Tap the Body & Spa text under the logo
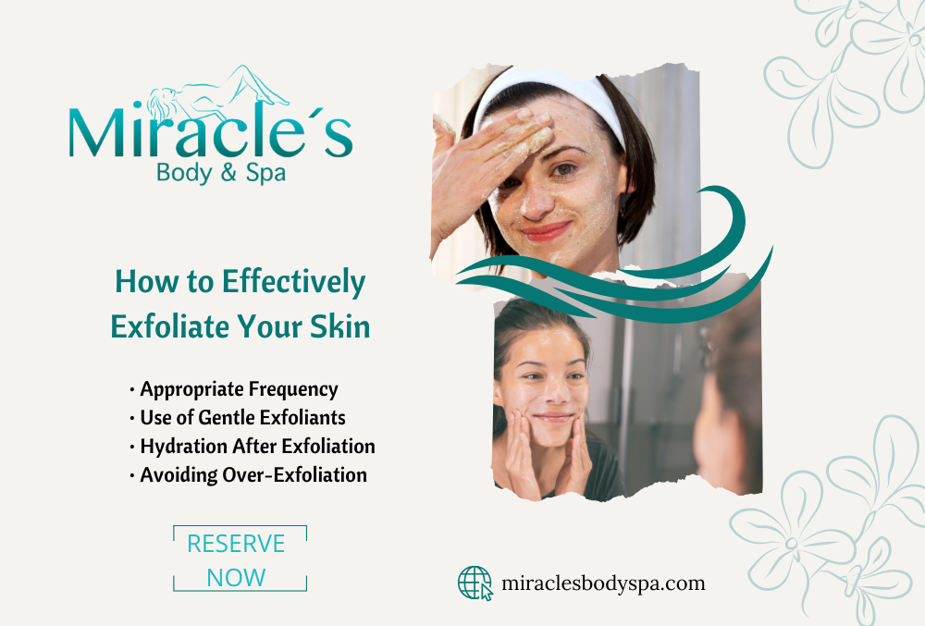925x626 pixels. point(221,173)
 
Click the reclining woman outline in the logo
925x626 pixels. point(217,93)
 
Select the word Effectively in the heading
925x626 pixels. point(294,283)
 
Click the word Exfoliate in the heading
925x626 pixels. point(170,326)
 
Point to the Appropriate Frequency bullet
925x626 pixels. point(234,389)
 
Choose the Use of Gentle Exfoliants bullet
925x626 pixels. point(237,418)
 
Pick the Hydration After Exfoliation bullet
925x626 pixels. point(252,447)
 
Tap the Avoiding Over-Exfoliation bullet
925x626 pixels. point(248,475)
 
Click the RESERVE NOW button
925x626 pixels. point(240,558)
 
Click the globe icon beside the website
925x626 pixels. point(475,583)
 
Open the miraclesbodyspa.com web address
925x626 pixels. point(603,583)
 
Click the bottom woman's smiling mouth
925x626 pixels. point(553,418)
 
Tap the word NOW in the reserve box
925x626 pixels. point(236,578)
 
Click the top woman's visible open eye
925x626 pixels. point(563,170)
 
